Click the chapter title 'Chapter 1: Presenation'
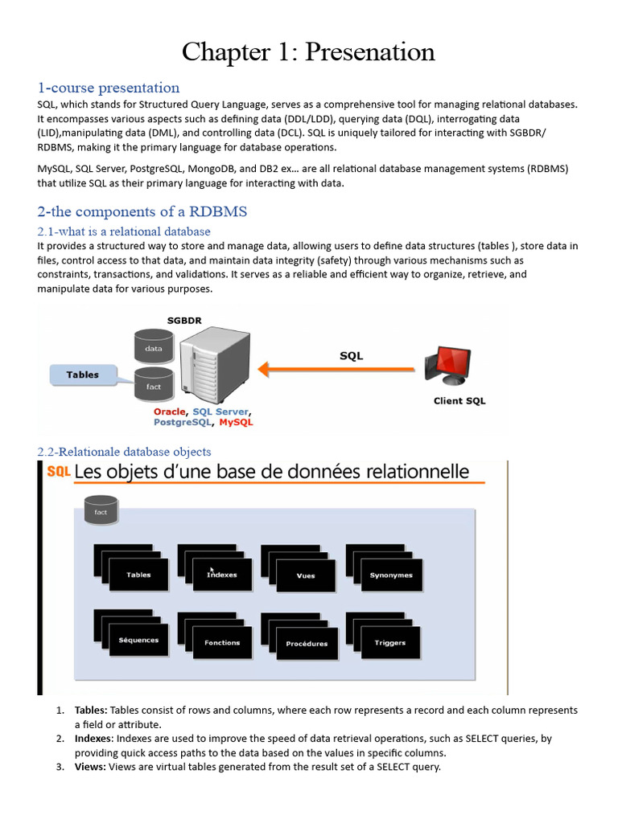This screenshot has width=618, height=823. pos(308,52)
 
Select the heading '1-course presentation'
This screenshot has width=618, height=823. pos(109,88)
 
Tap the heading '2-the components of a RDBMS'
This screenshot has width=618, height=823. pos(142,212)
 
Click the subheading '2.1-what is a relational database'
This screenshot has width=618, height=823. pos(124,231)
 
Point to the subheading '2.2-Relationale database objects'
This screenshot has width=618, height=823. pos(124,452)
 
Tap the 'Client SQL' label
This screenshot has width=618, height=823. pos(459,401)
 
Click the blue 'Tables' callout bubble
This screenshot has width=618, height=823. pos(84,375)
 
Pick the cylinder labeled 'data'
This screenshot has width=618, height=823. pos(154,346)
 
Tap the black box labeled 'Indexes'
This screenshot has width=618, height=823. pos(222,575)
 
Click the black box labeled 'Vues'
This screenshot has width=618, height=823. pos(306,575)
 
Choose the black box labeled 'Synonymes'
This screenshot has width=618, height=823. pos(391,575)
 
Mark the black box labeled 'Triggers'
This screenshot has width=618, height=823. pos(390,643)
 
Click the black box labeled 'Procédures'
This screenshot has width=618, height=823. pos(307,644)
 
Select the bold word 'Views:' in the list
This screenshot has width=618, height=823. pos(90,767)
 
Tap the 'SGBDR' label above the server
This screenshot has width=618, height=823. pos(184,320)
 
